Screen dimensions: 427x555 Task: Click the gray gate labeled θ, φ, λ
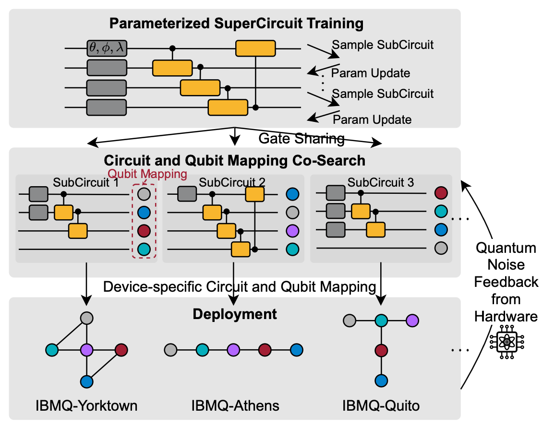click(107, 48)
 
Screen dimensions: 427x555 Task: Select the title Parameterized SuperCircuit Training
click(236, 23)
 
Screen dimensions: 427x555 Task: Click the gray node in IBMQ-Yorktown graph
click(86, 318)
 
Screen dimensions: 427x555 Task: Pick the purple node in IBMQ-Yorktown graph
click(86, 349)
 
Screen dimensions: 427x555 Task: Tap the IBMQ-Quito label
click(381, 406)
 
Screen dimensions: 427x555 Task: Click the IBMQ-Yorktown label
click(86, 406)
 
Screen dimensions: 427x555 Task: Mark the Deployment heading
click(235, 314)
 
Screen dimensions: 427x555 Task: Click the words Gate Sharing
click(302, 139)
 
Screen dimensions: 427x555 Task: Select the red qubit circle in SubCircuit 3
click(440, 194)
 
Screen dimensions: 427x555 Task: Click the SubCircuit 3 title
click(381, 182)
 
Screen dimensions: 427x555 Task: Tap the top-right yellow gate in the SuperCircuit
click(255, 48)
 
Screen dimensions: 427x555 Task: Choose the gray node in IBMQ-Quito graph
click(350, 320)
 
